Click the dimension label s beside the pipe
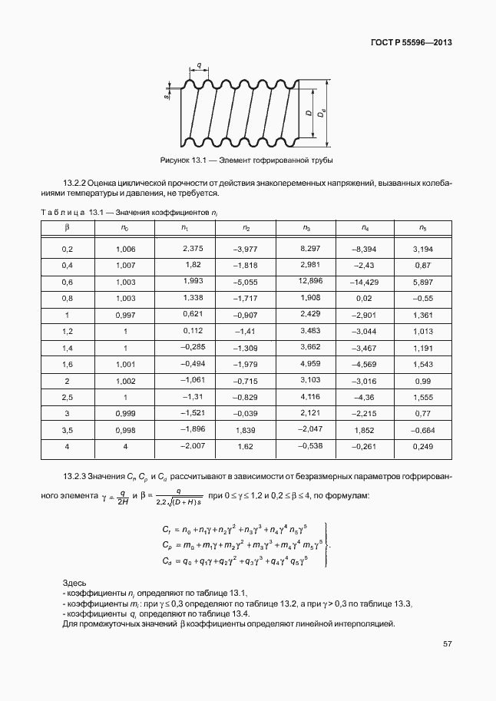(167, 97)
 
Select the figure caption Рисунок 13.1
(184, 160)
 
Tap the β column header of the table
(67, 228)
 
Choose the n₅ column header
(422, 228)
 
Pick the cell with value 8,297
(309, 249)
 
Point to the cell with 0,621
(192, 315)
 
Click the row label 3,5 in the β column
(67, 431)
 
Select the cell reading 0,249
(422, 446)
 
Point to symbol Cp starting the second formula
(167, 545)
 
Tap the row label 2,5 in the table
(67, 398)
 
